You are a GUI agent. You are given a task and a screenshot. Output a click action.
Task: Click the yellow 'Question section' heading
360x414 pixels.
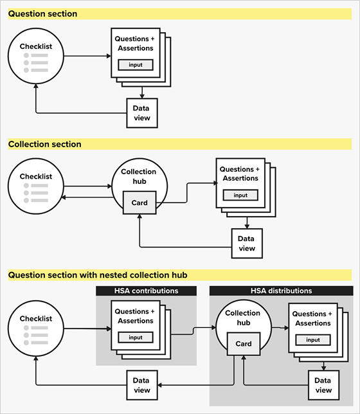[x=42, y=14]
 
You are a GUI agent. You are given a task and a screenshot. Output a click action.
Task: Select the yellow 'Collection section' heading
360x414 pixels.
[x=44, y=144]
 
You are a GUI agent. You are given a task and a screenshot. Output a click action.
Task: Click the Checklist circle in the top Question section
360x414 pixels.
[x=35, y=57]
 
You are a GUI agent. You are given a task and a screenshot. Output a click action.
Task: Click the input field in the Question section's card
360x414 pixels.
[x=135, y=65]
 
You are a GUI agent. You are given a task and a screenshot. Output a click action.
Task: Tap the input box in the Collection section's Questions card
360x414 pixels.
[x=240, y=195]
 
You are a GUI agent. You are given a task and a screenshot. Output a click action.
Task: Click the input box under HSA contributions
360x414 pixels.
[x=135, y=337]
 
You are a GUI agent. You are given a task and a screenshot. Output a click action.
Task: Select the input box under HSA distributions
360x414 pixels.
[x=313, y=339]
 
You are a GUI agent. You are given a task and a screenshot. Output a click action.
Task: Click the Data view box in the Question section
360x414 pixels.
[x=141, y=113]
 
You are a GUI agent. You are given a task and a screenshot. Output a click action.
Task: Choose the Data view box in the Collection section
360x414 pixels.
[x=247, y=244]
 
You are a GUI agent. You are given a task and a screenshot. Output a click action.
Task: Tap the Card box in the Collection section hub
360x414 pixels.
[x=139, y=203]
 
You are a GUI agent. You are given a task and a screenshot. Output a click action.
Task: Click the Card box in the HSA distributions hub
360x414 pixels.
[x=244, y=343]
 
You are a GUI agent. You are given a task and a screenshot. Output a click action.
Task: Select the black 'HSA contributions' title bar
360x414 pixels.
[x=146, y=291]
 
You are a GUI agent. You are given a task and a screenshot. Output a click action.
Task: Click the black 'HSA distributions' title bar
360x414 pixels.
[x=281, y=291]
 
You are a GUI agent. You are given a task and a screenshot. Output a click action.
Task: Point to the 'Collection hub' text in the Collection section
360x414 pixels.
[x=139, y=176]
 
